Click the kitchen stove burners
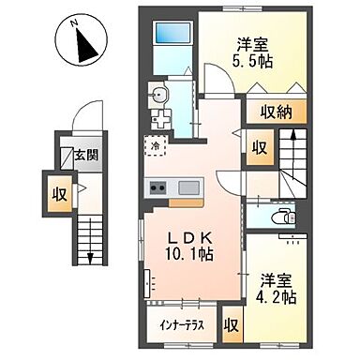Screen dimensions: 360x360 pyautogui.click(x=154, y=187)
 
